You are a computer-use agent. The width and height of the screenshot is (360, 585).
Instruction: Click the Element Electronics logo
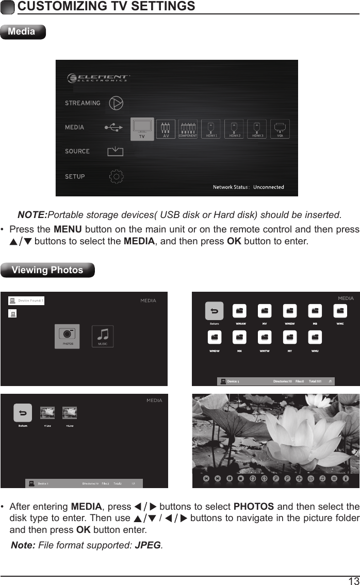pyautogui.click(x=99, y=78)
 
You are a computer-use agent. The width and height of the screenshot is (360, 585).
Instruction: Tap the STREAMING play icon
pyautogui.click(x=117, y=103)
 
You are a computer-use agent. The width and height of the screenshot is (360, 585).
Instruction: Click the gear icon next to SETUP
pyautogui.click(x=117, y=177)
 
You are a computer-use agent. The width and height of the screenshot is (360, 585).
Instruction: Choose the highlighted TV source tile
pyautogui.click(x=142, y=129)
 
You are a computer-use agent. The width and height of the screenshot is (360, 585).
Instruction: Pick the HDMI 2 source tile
pyautogui.click(x=235, y=129)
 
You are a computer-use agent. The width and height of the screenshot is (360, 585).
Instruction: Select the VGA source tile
pyautogui.click(x=280, y=129)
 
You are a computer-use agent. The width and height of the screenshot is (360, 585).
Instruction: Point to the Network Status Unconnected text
pyautogui.click(x=249, y=187)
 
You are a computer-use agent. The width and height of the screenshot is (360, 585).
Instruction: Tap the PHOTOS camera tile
pyautogui.click(x=68, y=336)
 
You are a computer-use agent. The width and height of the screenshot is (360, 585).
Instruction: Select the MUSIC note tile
pyautogui.click(x=103, y=336)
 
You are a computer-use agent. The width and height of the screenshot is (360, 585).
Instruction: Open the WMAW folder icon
pyautogui.click(x=239, y=311)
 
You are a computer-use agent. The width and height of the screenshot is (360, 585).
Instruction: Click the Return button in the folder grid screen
pyautogui.click(x=214, y=311)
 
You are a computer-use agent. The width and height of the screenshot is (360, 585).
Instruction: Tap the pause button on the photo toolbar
pyautogui.click(x=229, y=478)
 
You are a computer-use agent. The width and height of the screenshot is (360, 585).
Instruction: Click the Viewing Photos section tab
pyautogui.click(x=47, y=270)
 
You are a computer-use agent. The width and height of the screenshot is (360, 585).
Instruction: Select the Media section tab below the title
pyautogui.click(x=23, y=31)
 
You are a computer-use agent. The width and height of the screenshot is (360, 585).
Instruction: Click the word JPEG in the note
pyautogui.click(x=148, y=545)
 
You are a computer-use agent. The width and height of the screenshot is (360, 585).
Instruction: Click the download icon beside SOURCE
pyautogui.click(x=116, y=152)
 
